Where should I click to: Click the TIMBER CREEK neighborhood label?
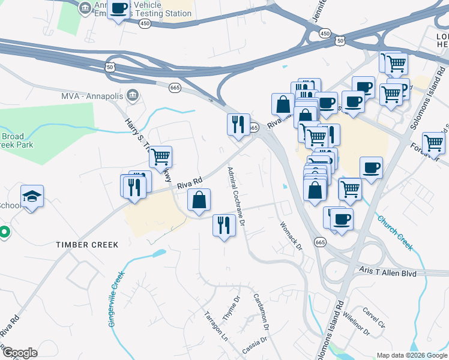click(87, 245)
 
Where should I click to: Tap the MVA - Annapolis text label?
click(91, 96)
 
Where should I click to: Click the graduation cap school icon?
click(32, 196)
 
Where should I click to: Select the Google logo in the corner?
click(19, 353)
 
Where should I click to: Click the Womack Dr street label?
click(291, 235)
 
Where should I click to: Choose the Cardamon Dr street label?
click(260, 310)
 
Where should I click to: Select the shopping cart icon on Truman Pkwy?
click(160, 157)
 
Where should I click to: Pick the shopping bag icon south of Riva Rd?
click(199, 200)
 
